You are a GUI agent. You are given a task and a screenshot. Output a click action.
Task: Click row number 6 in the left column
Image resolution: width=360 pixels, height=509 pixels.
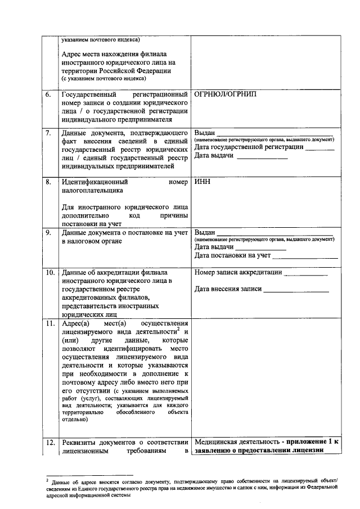pos(49,94)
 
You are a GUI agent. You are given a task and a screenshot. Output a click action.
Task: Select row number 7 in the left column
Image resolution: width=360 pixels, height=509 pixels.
pos(49,133)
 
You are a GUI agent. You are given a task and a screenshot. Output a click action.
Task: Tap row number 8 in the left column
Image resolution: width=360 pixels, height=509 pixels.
pos(49,182)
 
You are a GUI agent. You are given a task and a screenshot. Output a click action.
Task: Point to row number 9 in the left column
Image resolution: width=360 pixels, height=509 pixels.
pos(49,232)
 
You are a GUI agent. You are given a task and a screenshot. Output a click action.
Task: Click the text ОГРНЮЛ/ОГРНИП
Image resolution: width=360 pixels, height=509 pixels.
pos(224,94)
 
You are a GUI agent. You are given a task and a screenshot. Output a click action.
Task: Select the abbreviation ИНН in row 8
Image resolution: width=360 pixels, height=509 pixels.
pos(202,182)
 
